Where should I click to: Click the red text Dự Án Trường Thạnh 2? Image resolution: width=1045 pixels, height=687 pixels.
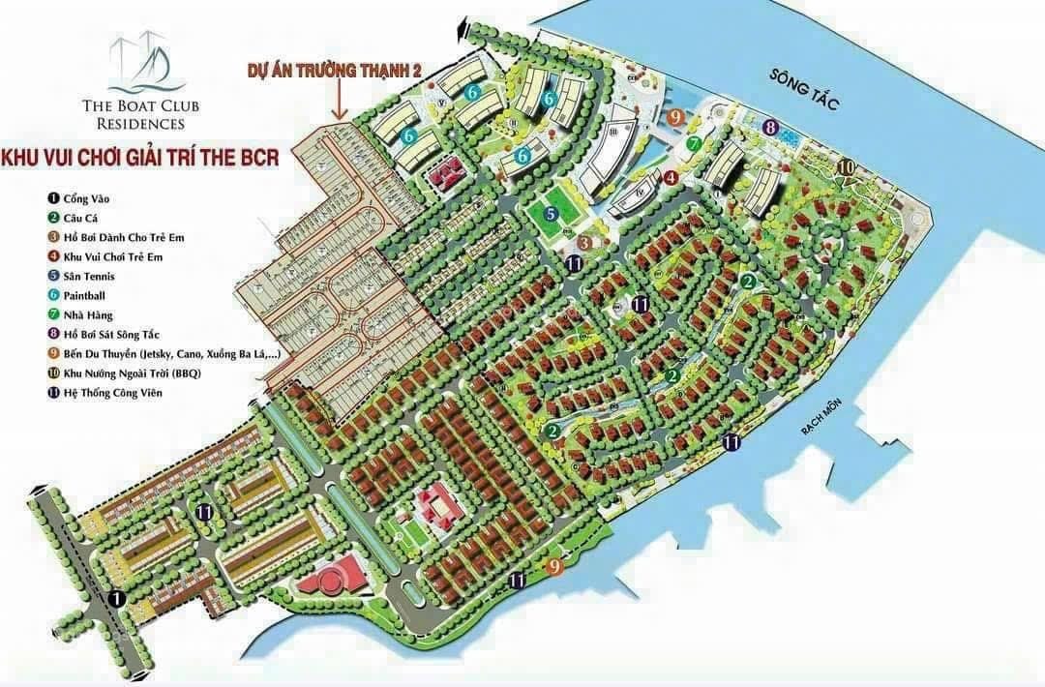coord(336,70)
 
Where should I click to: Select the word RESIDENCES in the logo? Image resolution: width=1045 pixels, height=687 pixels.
coord(140,124)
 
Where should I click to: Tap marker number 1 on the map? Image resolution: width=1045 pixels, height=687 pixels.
coord(117,599)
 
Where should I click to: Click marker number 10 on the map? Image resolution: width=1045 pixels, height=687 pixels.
coord(845,167)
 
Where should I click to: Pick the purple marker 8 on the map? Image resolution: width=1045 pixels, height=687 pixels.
coord(770,127)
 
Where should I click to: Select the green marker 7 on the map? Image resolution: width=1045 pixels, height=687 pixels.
coord(693,144)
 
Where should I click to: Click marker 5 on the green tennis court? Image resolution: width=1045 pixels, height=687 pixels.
coord(550,214)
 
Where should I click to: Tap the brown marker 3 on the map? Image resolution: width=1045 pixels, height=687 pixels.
coord(583,242)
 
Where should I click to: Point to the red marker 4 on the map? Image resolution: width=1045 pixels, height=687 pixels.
coord(670,177)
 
